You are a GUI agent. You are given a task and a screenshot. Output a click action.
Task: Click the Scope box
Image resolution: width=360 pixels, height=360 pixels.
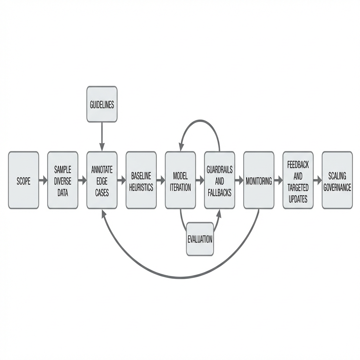coord(24,180)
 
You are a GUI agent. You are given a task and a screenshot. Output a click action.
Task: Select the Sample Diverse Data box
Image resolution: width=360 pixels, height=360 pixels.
coord(63,180)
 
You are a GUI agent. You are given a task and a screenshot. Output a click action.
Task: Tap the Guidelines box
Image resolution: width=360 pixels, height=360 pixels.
coord(102,104)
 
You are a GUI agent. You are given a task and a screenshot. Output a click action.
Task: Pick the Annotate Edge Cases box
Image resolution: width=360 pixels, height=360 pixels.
coord(102,180)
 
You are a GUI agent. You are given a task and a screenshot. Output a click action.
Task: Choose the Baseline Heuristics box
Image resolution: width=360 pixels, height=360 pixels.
coord(141,180)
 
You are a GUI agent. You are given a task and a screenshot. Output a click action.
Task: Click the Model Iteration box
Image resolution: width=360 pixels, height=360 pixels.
coord(180,180)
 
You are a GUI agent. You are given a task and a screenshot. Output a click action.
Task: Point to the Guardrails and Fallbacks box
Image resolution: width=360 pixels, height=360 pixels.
coord(219,180)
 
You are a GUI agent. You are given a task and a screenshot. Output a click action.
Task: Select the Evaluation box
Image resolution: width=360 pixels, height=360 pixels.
coord(200,239)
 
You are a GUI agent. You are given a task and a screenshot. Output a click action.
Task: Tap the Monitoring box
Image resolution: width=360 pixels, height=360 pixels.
coord(259,180)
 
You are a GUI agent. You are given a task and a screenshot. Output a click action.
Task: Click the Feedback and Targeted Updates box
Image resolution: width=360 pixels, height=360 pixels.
coord(298,180)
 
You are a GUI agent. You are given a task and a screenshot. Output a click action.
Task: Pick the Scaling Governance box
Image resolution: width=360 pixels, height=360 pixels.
coord(337,180)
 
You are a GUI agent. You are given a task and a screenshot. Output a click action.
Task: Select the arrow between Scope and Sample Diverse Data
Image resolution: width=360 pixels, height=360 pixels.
coord(43,181)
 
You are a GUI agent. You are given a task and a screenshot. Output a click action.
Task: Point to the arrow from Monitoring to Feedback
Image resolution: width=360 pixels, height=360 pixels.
coord(278,181)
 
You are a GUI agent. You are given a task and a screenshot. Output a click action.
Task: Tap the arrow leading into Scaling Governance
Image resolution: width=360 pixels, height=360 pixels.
coord(317,181)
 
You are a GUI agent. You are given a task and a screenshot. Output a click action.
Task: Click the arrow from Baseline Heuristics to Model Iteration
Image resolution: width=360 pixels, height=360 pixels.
coord(161,181)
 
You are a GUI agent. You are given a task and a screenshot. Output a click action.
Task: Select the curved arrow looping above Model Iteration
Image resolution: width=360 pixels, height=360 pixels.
coord(200,121)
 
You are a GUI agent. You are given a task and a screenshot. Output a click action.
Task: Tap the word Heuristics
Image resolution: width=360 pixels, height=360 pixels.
coord(141,187)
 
